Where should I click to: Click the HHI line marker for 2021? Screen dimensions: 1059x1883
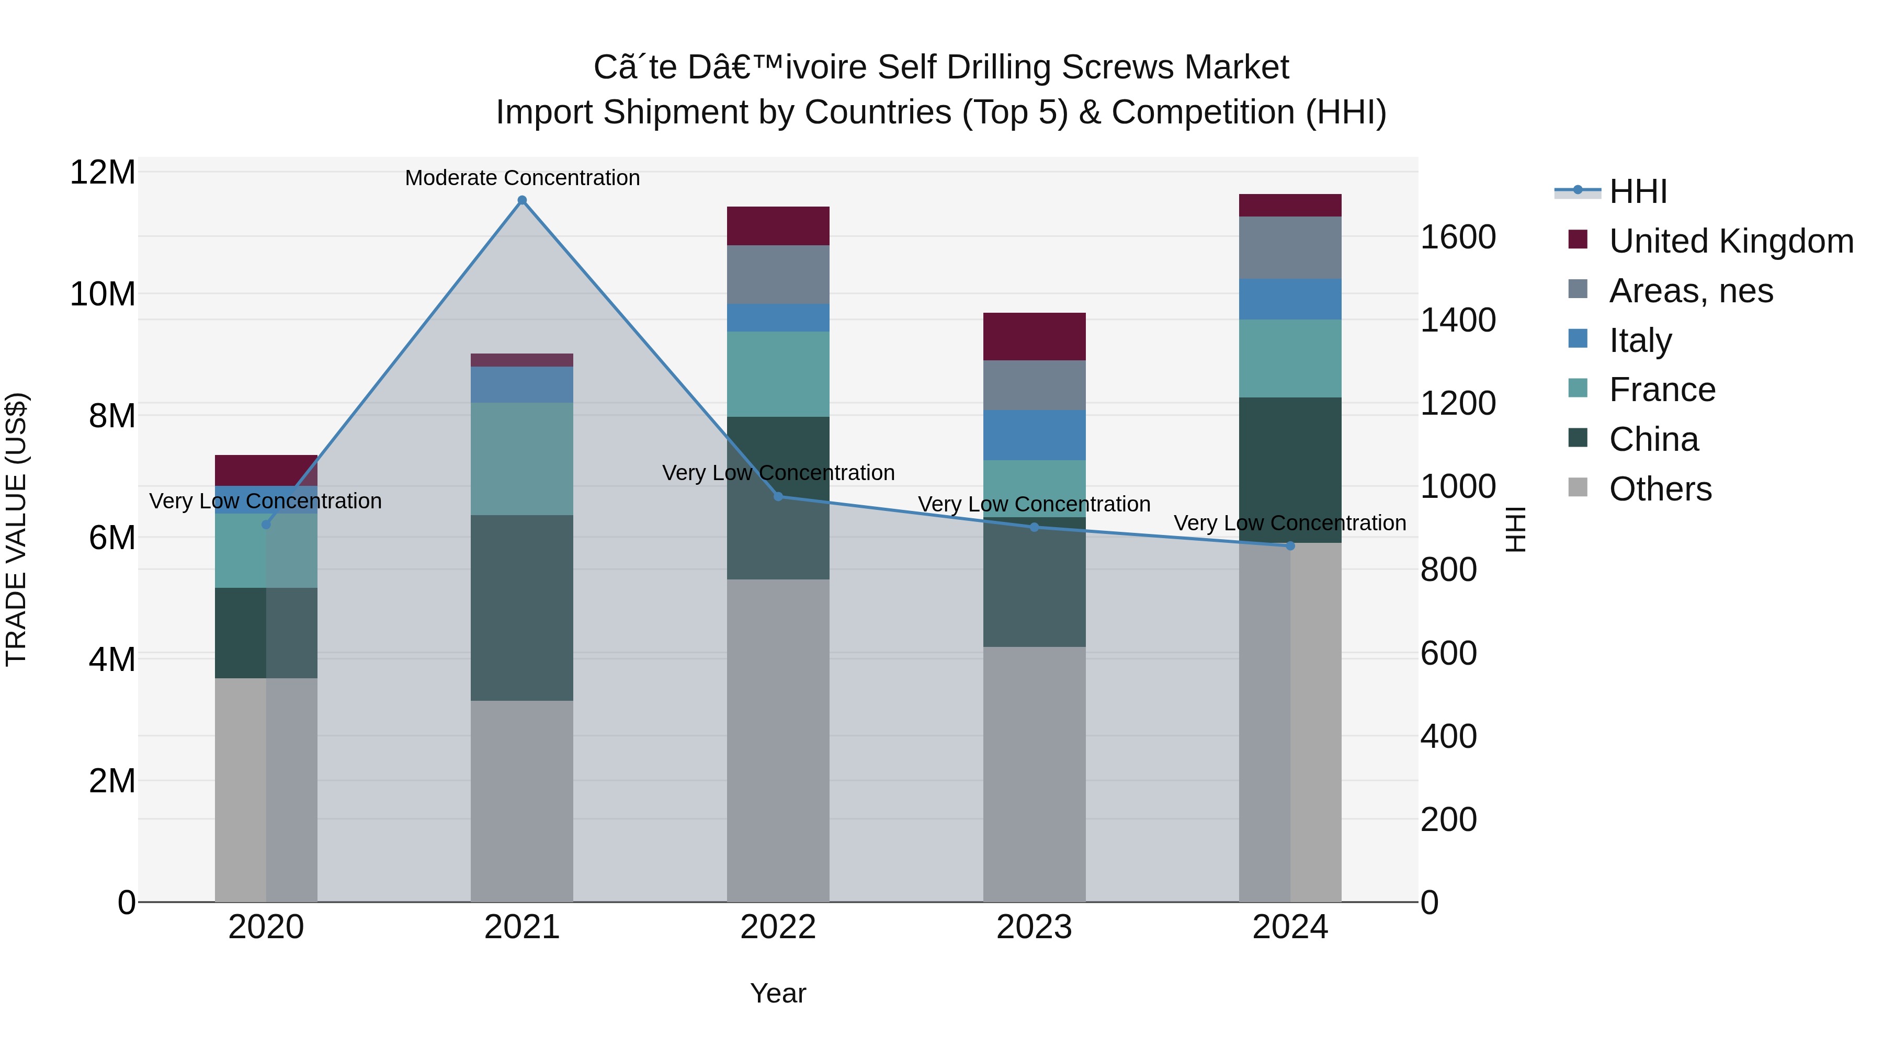(522, 200)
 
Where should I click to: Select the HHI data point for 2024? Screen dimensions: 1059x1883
(1290, 546)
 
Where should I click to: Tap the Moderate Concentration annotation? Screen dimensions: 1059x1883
(522, 178)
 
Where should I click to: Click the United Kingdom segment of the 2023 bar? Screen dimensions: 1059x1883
(1034, 336)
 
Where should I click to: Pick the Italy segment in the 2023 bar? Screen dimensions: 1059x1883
(1034, 435)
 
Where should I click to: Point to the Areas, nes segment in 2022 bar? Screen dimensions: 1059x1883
(778, 274)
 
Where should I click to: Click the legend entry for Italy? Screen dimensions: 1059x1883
(1640, 340)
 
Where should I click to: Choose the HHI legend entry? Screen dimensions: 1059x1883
(1637, 191)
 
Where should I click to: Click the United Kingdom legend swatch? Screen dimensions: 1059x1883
(1578, 240)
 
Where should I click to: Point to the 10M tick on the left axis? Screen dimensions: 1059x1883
(103, 294)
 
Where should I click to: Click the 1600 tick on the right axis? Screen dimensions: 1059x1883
(1458, 237)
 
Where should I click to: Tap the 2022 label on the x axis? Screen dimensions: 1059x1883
(778, 927)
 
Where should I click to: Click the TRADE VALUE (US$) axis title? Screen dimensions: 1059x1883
(16, 529)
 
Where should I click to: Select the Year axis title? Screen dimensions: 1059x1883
(778, 993)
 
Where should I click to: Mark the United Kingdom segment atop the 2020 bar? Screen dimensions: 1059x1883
(266, 470)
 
